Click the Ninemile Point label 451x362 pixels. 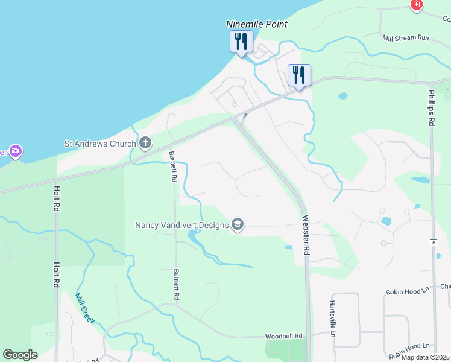tap(256, 24)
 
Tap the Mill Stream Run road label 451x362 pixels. tap(405, 37)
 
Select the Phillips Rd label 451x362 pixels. tap(431, 108)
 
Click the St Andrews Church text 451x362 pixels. tap(100, 144)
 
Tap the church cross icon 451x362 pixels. tap(145, 144)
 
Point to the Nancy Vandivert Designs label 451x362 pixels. tap(181, 225)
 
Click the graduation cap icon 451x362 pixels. tap(238, 225)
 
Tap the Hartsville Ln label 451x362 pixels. tap(332, 319)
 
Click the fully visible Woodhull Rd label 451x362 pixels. tap(283, 336)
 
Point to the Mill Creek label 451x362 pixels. tap(84, 308)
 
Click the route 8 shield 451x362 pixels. tap(433, 243)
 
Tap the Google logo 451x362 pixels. tap(20, 355)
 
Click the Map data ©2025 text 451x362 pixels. tap(425, 357)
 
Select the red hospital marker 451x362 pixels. tap(416, 5)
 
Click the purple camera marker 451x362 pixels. tap(16, 151)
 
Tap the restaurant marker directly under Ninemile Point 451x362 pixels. tap(241, 42)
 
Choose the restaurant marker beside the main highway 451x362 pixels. tap(298, 76)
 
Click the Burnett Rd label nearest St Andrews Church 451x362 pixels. tap(173, 167)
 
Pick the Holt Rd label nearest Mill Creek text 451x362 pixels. tap(57, 275)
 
